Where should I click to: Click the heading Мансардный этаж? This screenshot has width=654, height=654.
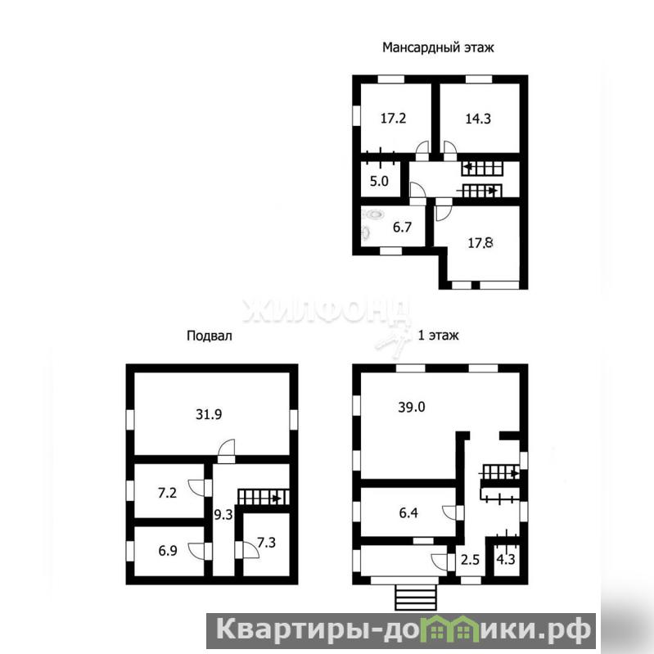point(438,47)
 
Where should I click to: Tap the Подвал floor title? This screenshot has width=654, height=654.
point(209,336)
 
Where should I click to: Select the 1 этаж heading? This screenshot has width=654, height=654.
point(439,336)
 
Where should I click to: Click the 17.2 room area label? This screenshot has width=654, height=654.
point(393,119)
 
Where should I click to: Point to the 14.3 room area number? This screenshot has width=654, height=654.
point(478,119)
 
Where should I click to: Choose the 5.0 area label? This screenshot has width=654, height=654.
point(379,182)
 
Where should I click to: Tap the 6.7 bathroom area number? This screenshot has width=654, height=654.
point(402,228)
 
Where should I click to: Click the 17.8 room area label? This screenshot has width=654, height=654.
point(480,243)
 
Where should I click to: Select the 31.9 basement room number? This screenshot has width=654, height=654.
point(209,415)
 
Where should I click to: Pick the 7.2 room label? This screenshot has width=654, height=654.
point(167,493)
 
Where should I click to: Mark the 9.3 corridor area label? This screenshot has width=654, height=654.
point(223,515)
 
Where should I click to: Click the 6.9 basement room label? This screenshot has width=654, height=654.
point(168,551)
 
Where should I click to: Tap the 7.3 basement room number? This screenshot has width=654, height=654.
point(266,543)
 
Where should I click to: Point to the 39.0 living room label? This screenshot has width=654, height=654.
point(411,407)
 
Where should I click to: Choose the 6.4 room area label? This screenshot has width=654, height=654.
point(408,513)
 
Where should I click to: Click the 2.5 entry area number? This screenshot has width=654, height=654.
point(470,560)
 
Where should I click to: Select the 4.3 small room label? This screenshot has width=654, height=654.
point(506,559)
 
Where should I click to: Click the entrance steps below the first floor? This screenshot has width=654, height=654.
point(416,598)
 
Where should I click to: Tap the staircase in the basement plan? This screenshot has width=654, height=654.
point(264,497)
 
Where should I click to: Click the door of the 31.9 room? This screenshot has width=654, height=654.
point(226,451)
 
